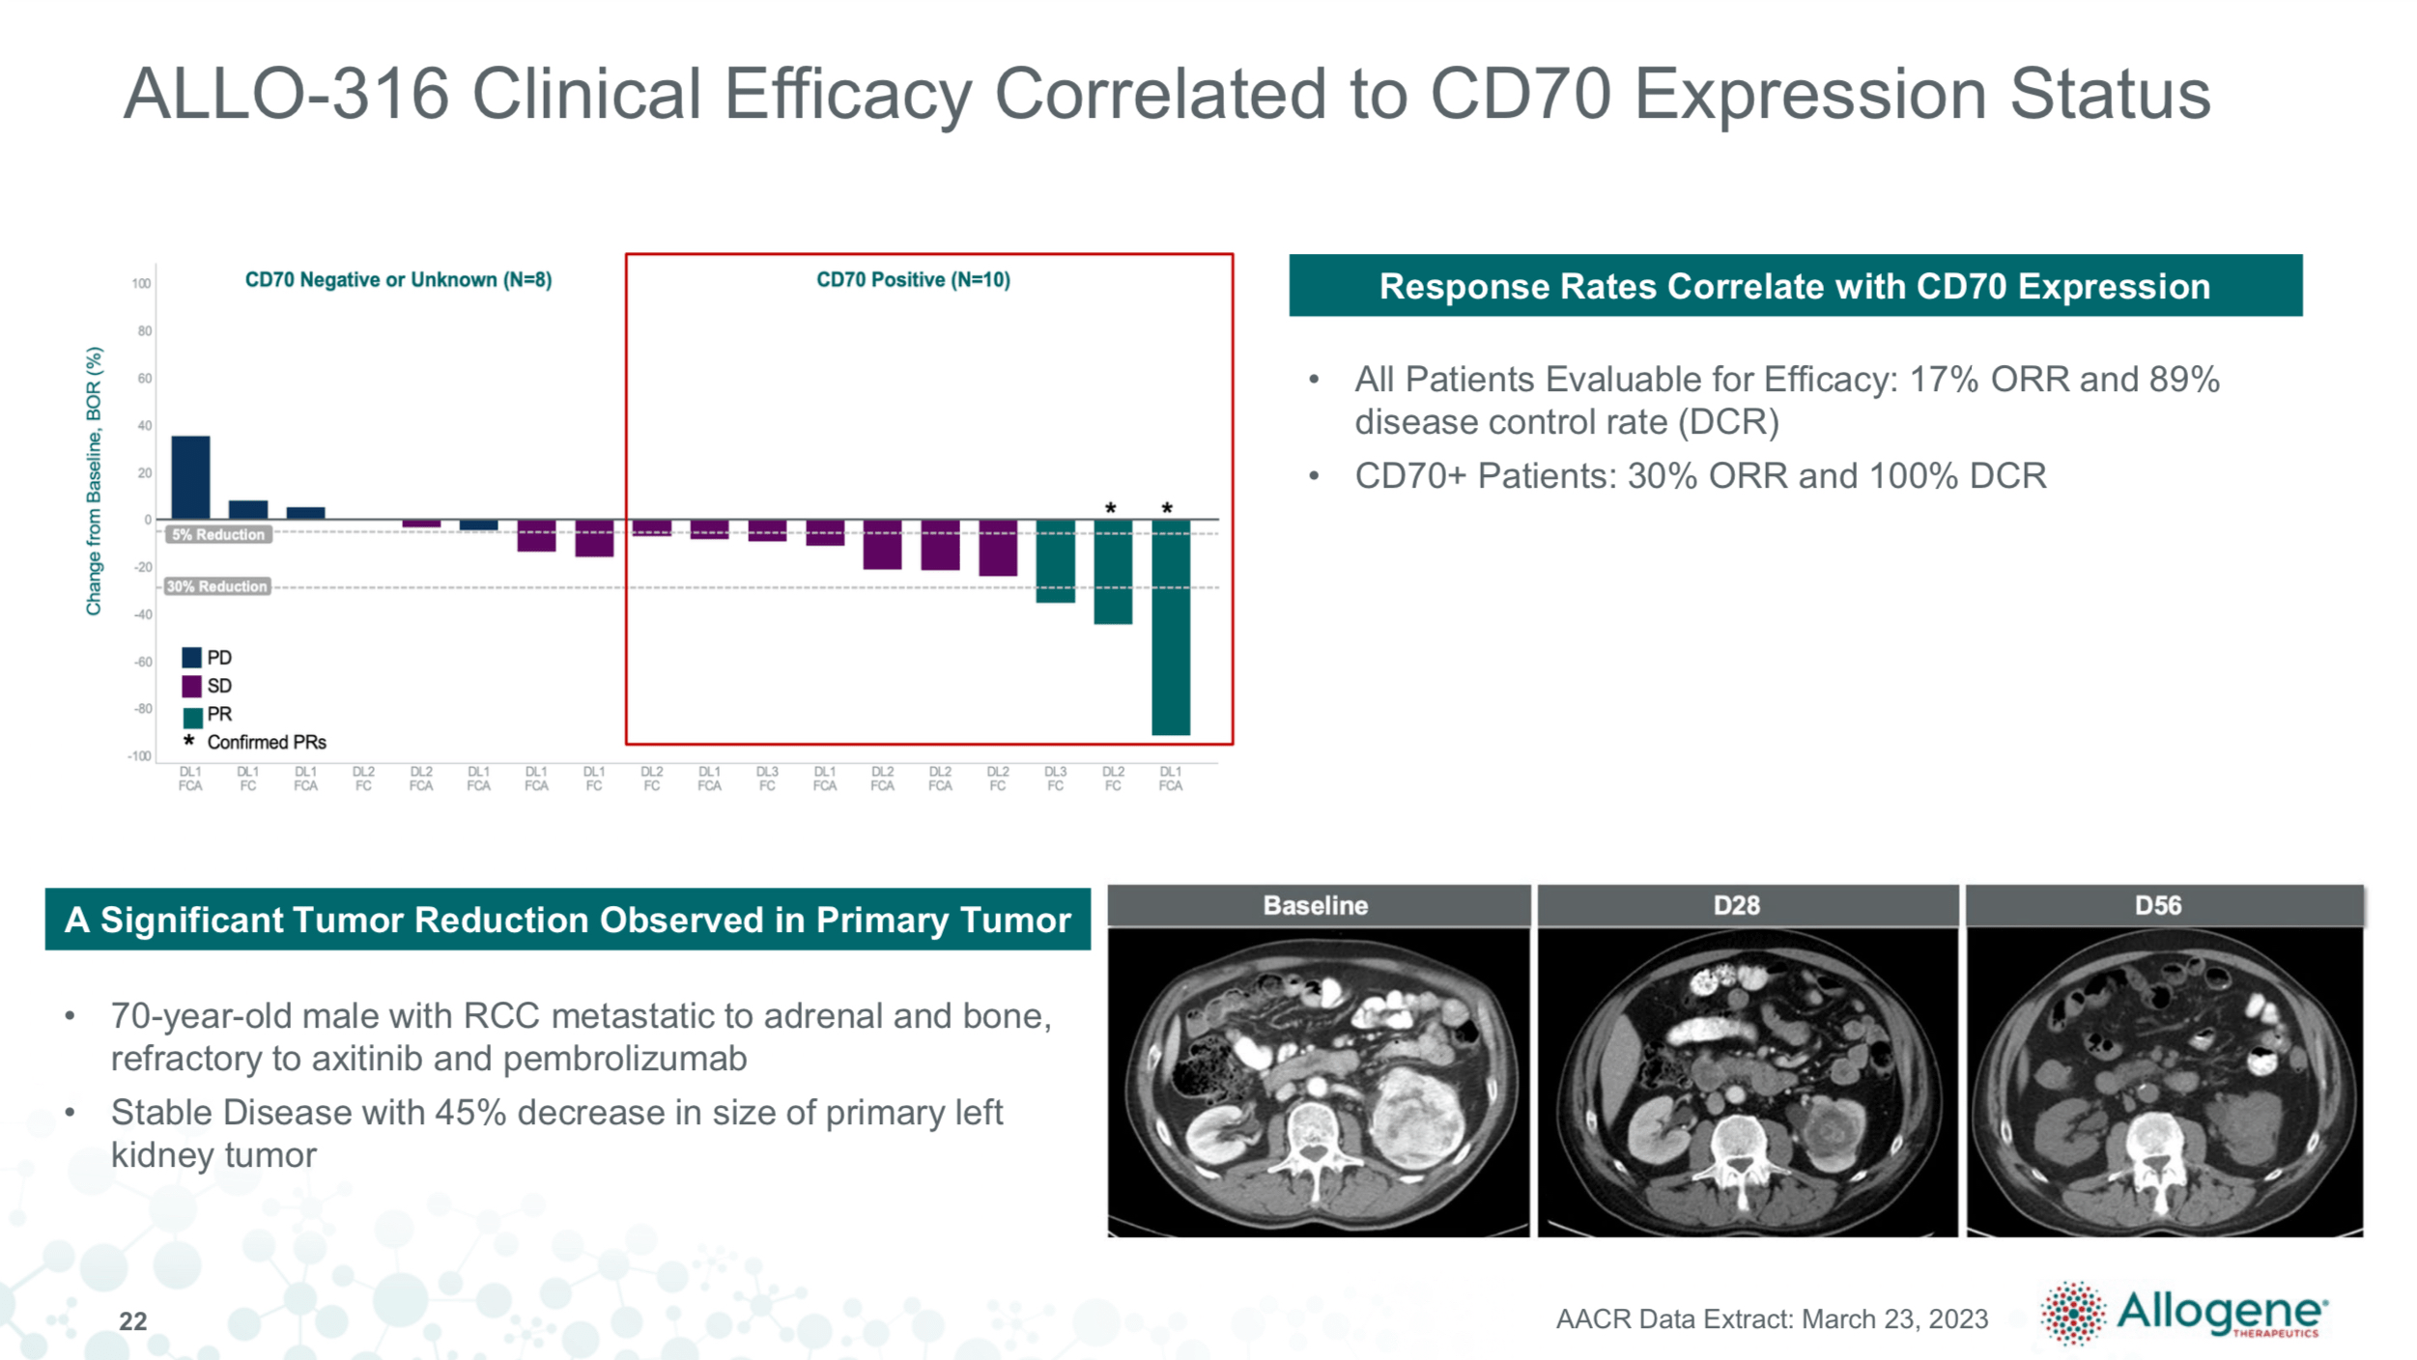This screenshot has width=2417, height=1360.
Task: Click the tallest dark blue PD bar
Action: [190, 477]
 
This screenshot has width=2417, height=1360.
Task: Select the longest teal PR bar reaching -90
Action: [1170, 628]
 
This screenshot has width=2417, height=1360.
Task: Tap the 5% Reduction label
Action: [218, 534]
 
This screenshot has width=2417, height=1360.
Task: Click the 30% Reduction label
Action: [216, 586]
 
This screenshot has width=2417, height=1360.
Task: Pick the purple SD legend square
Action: [191, 686]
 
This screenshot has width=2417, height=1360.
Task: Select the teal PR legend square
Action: [191, 716]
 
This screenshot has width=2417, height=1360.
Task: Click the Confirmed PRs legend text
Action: [267, 742]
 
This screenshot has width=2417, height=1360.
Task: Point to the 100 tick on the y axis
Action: [141, 283]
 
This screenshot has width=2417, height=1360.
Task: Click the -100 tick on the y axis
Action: [139, 755]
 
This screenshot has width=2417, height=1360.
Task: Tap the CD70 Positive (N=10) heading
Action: [913, 280]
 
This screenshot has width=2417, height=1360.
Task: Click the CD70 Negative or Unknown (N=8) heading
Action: [398, 280]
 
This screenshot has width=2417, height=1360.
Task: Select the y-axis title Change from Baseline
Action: [94, 480]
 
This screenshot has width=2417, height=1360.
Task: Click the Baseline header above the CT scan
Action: [1315, 905]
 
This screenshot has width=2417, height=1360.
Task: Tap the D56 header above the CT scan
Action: [2157, 905]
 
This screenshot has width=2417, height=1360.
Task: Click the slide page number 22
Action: [132, 1321]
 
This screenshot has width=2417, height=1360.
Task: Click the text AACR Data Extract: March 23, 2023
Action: [1771, 1318]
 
